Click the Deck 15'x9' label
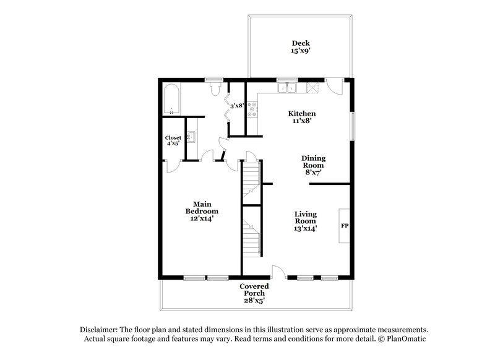[301, 47]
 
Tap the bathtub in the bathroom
[171, 101]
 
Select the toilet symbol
[215, 90]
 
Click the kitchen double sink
[287, 88]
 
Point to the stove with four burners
[253, 109]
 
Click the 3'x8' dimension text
[236, 106]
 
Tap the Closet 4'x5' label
[173, 140]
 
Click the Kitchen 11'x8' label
[303, 118]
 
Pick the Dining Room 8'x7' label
[313, 166]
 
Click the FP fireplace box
[345, 225]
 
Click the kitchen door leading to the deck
[334, 86]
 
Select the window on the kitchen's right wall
[353, 127]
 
